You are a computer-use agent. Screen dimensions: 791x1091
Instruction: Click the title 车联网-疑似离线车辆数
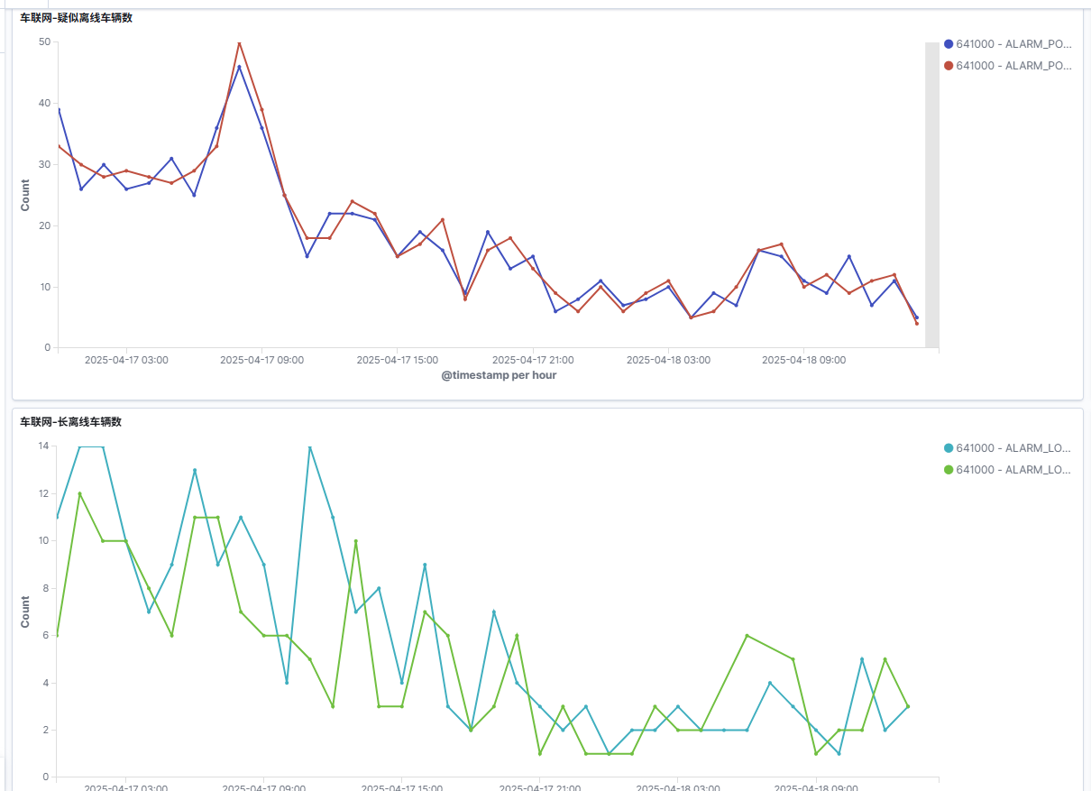point(77,18)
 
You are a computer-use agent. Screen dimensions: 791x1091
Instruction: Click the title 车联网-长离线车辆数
point(71,422)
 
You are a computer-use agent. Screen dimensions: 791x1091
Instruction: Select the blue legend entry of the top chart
point(1007,43)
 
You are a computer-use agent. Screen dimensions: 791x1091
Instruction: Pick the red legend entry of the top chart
point(1007,65)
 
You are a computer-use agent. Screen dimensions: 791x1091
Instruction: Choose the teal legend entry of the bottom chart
point(1007,447)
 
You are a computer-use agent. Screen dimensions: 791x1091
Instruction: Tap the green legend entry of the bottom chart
point(1007,469)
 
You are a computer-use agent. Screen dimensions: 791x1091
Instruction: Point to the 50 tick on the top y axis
point(44,41)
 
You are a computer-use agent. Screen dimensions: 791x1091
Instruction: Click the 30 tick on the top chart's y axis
point(44,164)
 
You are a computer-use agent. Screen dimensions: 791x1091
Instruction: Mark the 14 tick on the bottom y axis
point(43,446)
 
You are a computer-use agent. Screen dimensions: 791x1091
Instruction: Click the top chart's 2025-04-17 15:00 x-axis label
point(398,360)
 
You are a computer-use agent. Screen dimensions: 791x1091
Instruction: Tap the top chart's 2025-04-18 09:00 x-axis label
point(803,360)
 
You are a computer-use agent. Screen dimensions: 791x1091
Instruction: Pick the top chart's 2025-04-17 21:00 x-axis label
point(533,360)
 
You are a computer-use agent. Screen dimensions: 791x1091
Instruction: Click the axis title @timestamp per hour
point(499,375)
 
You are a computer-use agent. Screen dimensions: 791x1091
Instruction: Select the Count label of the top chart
point(25,195)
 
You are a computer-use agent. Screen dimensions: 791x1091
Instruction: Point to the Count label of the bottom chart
point(25,612)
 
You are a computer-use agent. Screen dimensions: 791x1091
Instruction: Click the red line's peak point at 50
point(239,42)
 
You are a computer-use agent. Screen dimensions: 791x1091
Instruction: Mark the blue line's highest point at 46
point(239,67)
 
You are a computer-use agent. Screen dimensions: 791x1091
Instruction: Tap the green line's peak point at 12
point(80,493)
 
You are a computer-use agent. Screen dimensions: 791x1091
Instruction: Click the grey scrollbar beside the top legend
point(931,195)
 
